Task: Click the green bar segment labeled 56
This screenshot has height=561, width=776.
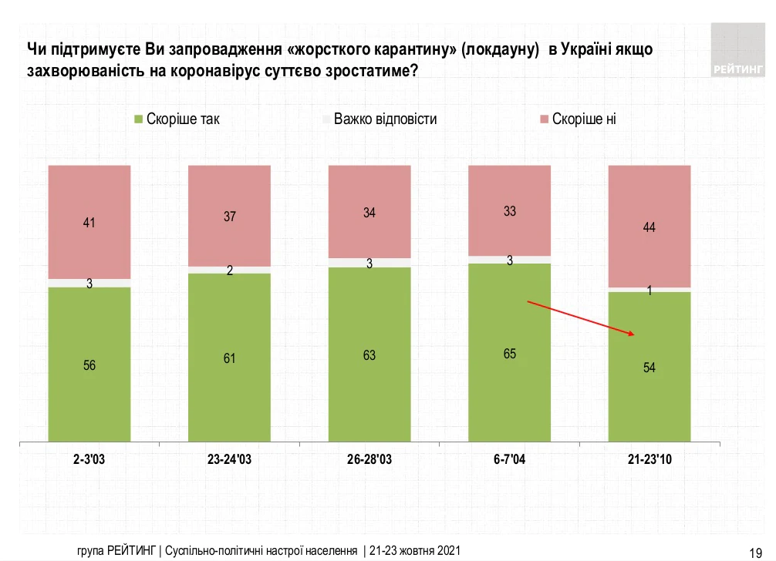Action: tap(89, 365)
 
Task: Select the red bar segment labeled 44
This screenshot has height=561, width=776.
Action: tap(649, 226)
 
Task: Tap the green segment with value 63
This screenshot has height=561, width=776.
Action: tap(369, 355)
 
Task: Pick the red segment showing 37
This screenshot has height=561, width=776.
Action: tap(229, 216)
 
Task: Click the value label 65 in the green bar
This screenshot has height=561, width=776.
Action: tap(510, 354)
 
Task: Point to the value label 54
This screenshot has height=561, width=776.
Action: tap(649, 368)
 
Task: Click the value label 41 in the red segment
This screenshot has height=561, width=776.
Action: tap(89, 223)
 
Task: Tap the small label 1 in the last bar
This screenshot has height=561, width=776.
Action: tap(649, 291)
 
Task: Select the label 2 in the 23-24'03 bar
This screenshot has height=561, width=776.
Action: tap(230, 270)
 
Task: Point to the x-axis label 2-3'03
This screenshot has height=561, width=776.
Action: tap(89, 459)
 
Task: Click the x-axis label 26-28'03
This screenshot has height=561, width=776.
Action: tap(369, 459)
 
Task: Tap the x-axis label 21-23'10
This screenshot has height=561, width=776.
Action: tap(649, 459)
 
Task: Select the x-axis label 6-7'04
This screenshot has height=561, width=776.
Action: tap(510, 459)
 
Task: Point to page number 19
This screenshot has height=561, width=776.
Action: tap(756, 551)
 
